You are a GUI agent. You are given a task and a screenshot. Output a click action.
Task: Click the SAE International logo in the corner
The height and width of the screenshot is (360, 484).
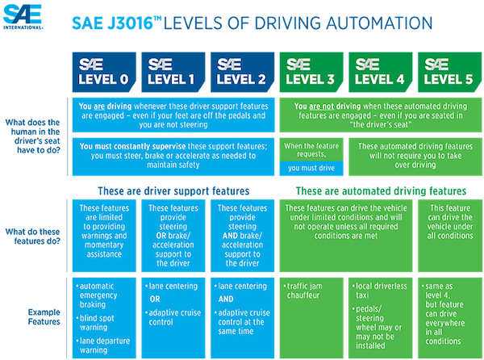(x=23, y=17)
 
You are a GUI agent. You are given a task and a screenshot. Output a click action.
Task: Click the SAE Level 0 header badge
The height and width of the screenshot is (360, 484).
(x=104, y=73)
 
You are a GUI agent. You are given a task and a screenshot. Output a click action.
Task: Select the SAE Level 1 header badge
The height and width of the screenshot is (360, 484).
(x=173, y=73)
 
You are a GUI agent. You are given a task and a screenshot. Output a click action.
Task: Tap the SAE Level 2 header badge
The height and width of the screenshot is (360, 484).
(x=242, y=73)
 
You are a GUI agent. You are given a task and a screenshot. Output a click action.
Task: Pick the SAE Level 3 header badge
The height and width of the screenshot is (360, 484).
(x=311, y=73)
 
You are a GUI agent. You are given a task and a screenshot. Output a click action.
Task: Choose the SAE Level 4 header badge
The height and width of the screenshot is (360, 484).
(x=381, y=73)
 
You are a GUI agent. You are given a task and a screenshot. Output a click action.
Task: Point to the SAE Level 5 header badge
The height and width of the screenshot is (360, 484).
(x=450, y=73)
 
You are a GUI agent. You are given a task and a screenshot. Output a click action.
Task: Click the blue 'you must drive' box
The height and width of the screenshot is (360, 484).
(x=311, y=168)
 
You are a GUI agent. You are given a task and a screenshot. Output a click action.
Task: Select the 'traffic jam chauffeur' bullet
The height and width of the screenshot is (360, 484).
(x=303, y=291)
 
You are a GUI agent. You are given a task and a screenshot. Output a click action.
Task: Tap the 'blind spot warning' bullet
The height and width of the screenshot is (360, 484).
(x=95, y=323)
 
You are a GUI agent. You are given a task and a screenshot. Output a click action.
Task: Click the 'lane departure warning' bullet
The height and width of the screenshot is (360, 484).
(x=103, y=345)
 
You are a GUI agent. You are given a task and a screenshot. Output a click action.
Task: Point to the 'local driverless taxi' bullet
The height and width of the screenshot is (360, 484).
(x=380, y=291)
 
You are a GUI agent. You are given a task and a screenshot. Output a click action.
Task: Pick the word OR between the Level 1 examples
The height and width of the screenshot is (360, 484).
(x=155, y=299)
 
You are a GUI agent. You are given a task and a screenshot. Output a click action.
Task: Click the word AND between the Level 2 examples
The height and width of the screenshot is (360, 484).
(x=226, y=299)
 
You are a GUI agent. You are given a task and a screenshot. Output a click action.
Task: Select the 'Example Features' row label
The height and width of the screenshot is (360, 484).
(x=44, y=316)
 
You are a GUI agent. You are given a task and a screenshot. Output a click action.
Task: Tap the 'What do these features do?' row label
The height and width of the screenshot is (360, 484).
(x=33, y=237)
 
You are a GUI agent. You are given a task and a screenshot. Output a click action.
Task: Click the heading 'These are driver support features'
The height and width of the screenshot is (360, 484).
(x=173, y=191)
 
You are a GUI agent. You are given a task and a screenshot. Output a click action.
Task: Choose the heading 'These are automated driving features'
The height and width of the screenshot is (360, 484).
(x=382, y=191)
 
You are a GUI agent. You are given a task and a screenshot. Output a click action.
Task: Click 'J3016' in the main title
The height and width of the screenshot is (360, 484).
(x=130, y=23)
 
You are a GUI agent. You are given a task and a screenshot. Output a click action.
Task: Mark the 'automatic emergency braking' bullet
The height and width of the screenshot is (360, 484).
(x=97, y=295)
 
